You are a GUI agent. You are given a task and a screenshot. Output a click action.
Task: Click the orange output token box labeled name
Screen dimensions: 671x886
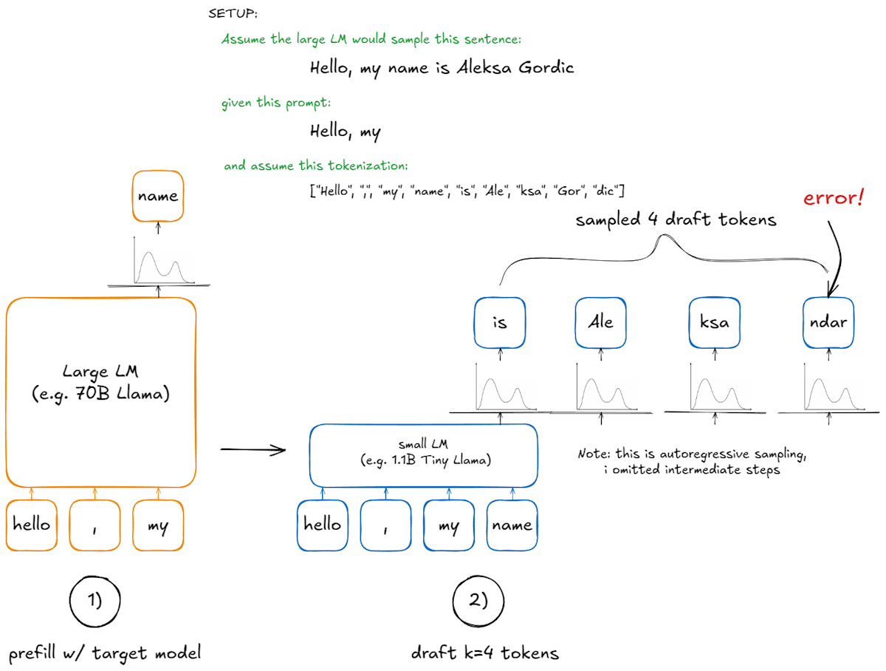pyautogui.click(x=157, y=195)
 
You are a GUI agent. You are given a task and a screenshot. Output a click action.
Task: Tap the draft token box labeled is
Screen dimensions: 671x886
pyautogui.click(x=500, y=322)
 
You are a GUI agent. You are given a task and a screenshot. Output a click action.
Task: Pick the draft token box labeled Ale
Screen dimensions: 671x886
pyautogui.click(x=600, y=322)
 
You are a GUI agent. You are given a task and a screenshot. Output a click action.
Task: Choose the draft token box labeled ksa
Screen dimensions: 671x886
pyautogui.click(x=713, y=322)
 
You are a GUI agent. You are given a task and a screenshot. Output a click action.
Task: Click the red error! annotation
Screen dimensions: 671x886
pyautogui.click(x=833, y=200)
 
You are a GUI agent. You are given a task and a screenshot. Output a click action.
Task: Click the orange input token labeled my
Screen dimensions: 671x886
pyautogui.click(x=158, y=525)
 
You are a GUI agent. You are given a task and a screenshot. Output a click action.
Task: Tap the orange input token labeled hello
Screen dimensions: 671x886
pyautogui.click(x=32, y=525)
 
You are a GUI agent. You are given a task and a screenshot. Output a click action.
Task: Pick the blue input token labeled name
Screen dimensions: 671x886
pyautogui.click(x=512, y=525)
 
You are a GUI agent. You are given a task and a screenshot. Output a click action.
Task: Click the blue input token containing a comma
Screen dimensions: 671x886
pyautogui.click(x=385, y=525)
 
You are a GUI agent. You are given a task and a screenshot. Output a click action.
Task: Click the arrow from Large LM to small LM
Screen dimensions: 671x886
pyautogui.click(x=253, y=449)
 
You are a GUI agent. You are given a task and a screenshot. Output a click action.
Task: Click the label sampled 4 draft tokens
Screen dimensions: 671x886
pyautogui.click(x=676, y=220)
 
